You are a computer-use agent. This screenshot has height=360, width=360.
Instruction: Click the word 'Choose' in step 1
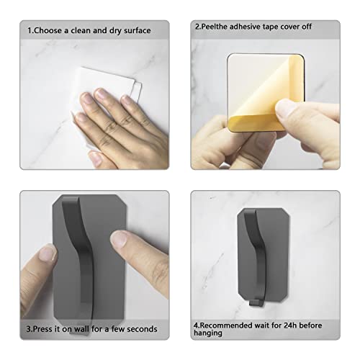[48, 30]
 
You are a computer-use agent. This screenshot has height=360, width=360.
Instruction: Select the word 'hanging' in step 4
[208, 333]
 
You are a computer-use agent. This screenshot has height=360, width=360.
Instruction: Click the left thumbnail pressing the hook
[48, 253]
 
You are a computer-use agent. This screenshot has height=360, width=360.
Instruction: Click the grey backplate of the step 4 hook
[276, 254]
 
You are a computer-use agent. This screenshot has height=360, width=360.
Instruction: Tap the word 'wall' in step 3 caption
[82, 329]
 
